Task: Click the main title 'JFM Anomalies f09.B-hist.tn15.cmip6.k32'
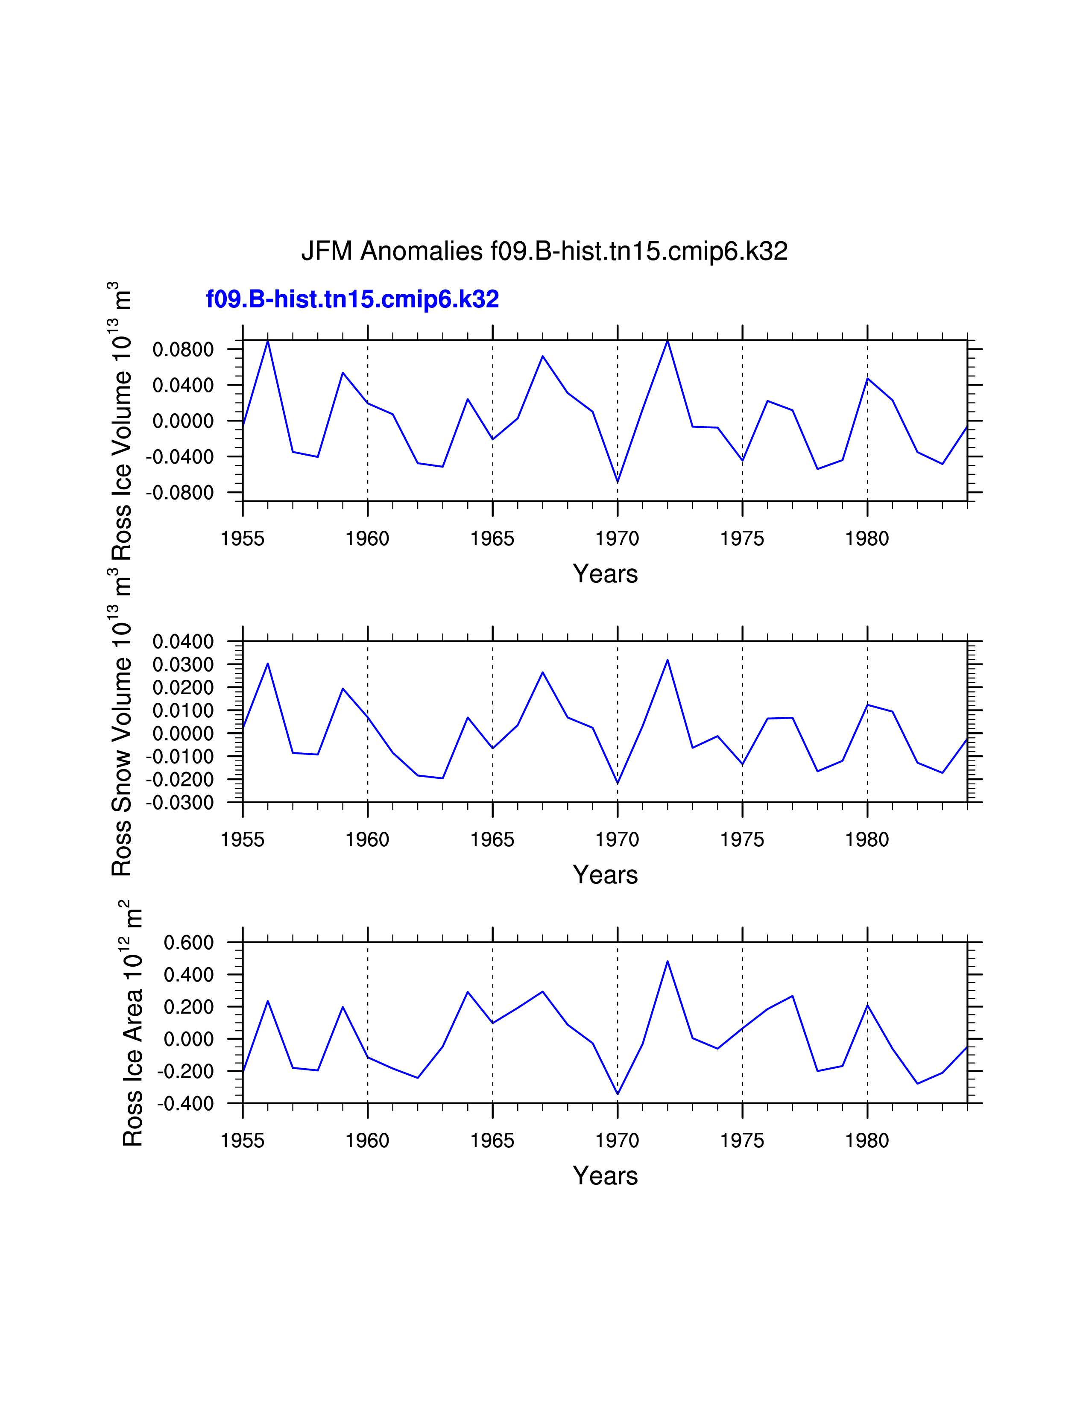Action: tap(544, 251)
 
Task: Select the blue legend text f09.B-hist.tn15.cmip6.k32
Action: tap(352, 299)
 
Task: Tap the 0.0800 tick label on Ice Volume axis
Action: tap(183, 350)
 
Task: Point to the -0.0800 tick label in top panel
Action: tap(179, 493)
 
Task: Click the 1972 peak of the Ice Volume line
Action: tap(668, 341)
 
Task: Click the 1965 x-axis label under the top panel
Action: tap(492, 539)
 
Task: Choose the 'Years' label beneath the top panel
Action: tap(605, 573)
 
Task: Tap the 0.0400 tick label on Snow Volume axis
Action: tap(183, 642)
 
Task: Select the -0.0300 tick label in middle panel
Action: tap(179, 803)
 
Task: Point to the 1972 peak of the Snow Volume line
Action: tap(668, 660)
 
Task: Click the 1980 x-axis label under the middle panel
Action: tap(867, 840)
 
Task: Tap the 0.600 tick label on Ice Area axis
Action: tap(188, 943)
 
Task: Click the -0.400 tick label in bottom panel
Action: tap(185, 1104)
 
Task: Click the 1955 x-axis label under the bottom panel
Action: tap(243, 1140)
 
